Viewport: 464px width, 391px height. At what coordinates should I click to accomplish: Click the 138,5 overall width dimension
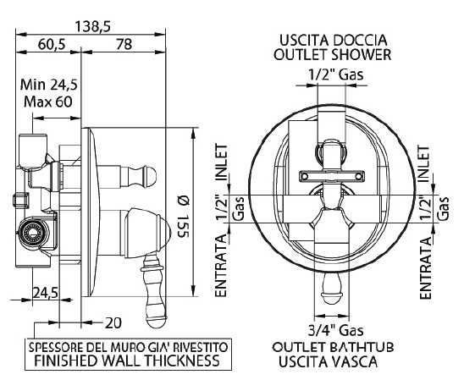(x=92, y=26)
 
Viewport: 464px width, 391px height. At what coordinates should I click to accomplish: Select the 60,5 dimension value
(x=52, y=44)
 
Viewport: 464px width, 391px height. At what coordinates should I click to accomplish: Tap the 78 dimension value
(x=124, y=44)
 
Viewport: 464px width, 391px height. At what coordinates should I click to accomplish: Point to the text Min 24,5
(x=49, y=85)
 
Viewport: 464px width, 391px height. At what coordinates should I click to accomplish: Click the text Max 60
(x=48, y=102)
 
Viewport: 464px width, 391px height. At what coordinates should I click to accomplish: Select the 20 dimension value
(x=113, y=323)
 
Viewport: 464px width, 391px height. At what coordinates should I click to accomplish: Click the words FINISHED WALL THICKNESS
(x=127, y=361)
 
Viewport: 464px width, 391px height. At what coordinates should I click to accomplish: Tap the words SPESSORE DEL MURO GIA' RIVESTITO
(x=128, y=347)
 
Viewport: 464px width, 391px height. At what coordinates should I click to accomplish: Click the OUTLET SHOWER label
(x=332, y=54)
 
